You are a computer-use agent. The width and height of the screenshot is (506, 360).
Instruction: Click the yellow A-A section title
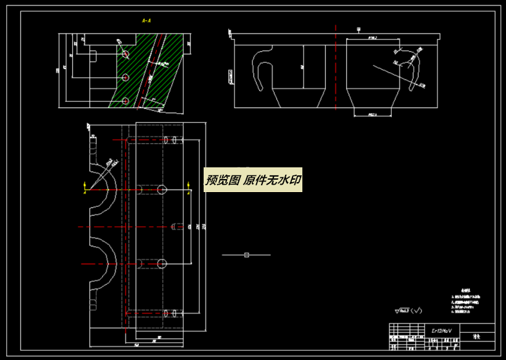pos(146,20)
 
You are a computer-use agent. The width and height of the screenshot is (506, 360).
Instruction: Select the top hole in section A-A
pos(125,54)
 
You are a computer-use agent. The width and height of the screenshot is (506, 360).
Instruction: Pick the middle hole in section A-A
pos(125,78)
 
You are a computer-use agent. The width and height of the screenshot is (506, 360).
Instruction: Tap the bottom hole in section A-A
pos(125,100)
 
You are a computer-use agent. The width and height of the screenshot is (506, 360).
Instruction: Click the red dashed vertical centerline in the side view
pos(336,68)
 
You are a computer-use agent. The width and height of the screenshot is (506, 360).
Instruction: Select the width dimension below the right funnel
pos(373,114)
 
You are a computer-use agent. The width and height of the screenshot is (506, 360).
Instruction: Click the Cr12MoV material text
pos(442,331)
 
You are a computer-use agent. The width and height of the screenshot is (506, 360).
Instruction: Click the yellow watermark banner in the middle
pos(253,180)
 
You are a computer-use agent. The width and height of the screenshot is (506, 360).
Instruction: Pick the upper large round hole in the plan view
pos(162,190)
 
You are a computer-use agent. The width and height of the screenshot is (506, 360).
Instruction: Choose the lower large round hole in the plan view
pos(162,264)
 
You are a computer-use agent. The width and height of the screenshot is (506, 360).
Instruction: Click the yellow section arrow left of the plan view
pos(85,186)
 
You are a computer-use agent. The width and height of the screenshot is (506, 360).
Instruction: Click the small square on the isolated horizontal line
pos(246,254)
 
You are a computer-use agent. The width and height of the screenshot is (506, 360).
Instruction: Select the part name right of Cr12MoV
pos(476,338)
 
